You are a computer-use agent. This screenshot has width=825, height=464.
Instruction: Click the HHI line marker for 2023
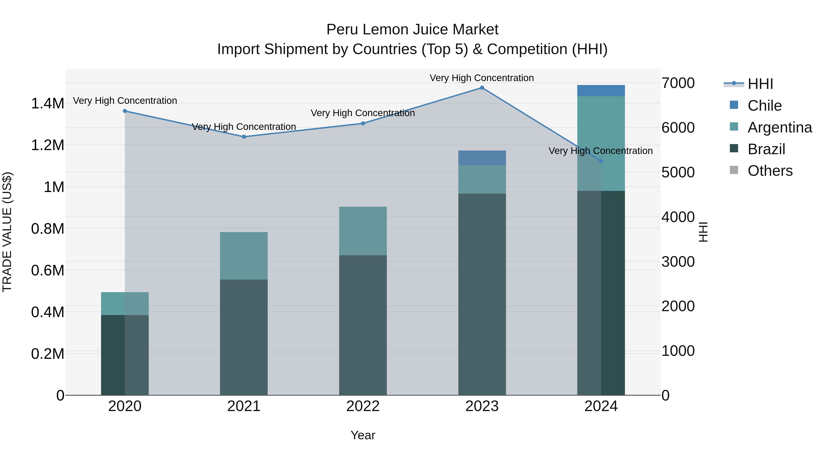(482, 88)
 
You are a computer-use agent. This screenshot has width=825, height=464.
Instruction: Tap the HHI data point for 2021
(244, 137)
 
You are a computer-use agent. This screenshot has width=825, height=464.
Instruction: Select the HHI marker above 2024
(601, 161)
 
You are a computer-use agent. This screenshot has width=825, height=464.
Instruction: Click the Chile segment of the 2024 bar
(601, 91)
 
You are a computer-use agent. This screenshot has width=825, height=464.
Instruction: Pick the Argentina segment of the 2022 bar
(363, 231)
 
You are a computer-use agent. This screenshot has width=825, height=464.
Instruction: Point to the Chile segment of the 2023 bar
(482, 158)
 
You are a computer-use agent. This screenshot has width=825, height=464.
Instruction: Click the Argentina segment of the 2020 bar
(125, 304)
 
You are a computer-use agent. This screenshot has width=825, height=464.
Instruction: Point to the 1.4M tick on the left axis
(47, 104)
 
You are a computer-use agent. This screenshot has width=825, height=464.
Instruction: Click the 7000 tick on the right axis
(678, 83)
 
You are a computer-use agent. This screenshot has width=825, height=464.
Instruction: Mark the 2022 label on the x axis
(363, 406)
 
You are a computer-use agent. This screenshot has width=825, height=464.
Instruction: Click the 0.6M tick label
(47, 271)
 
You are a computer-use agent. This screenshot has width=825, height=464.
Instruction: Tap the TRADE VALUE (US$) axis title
(7, 232)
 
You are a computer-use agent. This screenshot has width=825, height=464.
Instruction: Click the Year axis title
(363, 435)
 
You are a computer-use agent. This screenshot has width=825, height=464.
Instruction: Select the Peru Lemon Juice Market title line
(412, 30)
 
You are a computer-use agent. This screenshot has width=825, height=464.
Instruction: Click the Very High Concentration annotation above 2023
(482, 78)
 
